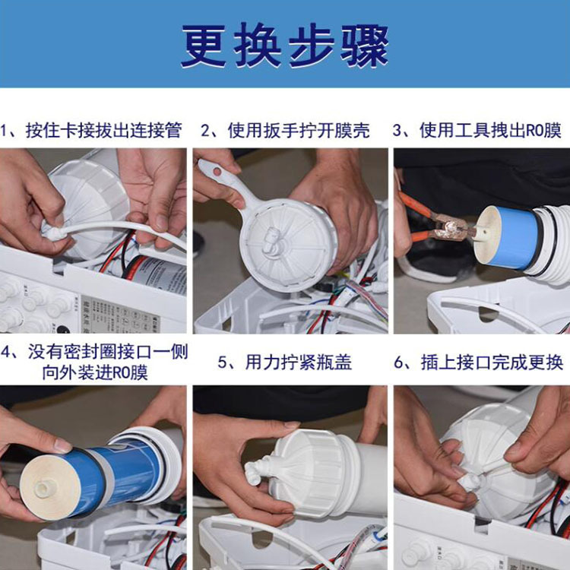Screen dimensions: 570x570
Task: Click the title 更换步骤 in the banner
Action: [x=285, y=45]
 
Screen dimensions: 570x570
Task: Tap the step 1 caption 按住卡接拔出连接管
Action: [x=103, y=131]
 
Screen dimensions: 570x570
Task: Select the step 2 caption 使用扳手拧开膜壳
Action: [x=299, y=131]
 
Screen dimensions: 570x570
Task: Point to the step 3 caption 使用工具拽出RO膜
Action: [x=490, y=131]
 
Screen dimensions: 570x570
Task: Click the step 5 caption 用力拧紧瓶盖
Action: [x=299, y=363]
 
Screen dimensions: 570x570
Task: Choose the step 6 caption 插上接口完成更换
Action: [x=492, y=363]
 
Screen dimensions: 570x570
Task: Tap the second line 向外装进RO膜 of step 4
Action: [x=95, y=372]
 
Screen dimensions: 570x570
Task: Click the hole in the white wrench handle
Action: [x=217, y=171]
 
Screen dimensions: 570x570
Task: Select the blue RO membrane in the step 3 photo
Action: [x=516, y=238]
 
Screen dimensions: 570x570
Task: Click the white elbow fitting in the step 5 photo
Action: [x=256, y=470]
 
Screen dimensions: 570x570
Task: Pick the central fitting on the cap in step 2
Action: [x=270, y=239]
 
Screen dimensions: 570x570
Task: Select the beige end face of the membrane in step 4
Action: [x=50, y=486]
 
